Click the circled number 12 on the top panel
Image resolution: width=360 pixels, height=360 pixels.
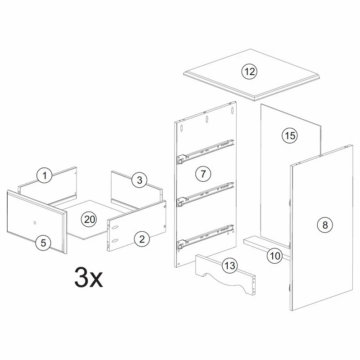[x=249, y=72]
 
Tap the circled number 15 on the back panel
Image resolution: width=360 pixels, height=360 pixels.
[x=290, y=135]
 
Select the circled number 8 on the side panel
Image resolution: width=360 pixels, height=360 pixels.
[x=325, y=225]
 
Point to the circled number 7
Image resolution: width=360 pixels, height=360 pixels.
[x=203, y=174]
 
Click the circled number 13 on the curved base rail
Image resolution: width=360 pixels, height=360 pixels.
[x=229, y=265]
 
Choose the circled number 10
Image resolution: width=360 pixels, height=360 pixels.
[x=275, y=256]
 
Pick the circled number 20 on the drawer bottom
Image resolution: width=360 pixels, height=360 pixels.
[x=89, y=219]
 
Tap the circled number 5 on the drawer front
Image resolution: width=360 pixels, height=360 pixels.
[x=43, y=243]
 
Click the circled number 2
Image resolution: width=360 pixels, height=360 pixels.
[x=142, y=239]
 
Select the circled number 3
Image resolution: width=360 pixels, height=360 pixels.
[x=139, y=180]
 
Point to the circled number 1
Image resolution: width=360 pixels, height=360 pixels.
[x=45, y=175]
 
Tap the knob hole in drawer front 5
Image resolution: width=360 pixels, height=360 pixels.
[x=35, y=222]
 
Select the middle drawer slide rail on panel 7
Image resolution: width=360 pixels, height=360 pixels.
[x=205, y=195]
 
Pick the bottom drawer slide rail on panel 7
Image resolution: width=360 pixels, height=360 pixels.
[x=205, y=238]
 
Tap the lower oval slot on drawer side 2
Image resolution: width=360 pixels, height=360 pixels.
[x=115, y=240]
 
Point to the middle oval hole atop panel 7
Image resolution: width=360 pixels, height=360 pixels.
[x=207, y=119]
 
